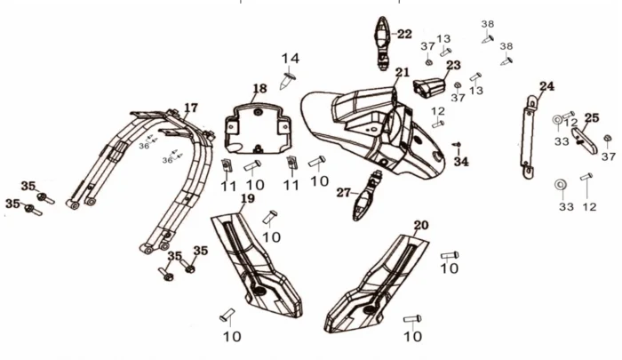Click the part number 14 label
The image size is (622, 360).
coord(291,59)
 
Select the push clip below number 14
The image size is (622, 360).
coord(289,82)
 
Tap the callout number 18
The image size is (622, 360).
coord(259,89)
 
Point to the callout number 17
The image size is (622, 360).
coord(190,108)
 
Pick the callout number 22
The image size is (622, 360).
coord(404,35)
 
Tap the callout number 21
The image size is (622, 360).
coord(403,72)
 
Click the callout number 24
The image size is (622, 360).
coord(546,86)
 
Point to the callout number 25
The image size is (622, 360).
coord(591,117)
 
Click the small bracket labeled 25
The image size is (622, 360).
coord(584,140)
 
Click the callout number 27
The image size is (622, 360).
coord(344,192)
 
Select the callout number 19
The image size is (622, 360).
coord(247,198)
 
